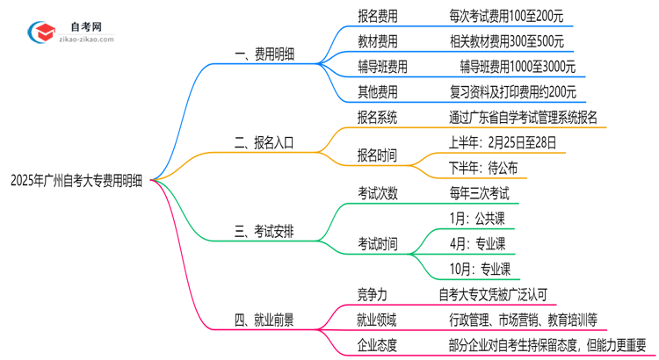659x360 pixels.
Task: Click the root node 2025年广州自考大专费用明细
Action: [x=78, y=180]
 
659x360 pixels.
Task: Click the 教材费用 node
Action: [x=376, y=41]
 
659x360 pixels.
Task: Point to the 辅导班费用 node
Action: [x=382, y=67]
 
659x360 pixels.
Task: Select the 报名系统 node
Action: [x=376, y=117]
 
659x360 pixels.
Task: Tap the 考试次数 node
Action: [x=376, y=193]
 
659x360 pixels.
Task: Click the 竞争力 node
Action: [x=370, y=295]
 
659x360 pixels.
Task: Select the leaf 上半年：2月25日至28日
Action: [x=502, y=141]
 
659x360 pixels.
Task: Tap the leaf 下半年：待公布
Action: [x=482, y=167]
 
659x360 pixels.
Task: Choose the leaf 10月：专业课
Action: [x=480, y=269]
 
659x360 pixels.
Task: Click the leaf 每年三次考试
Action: [x=478, y=193]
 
